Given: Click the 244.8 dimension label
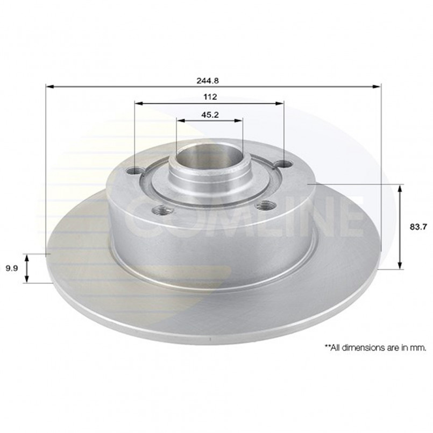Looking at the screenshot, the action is click(x=208, y=81).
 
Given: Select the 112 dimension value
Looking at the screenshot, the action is click(x=210, y=97).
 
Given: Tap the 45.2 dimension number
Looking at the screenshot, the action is click(x=210, y=115).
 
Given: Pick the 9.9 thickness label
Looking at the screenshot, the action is click(x=12, y=268).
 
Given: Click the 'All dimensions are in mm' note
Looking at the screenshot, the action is click(x=375, y=347).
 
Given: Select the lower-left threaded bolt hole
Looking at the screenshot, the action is click(x=163, y=210).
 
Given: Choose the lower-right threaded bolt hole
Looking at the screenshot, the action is click(x=265, y=205).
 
